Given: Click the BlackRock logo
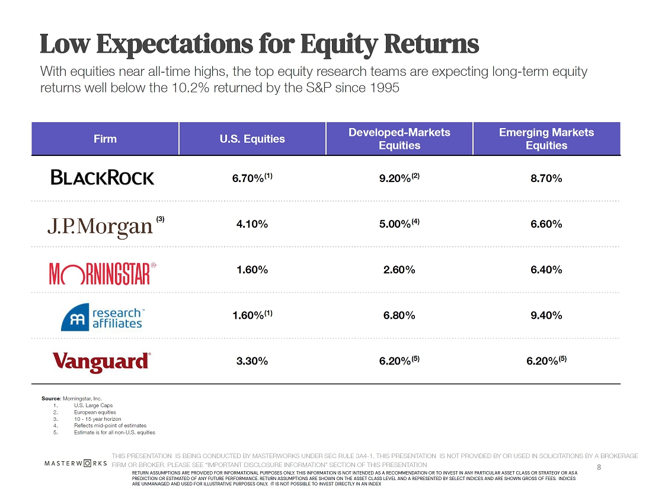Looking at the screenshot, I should click(x=103, y=178).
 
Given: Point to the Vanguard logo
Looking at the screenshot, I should click(x=101, y=362).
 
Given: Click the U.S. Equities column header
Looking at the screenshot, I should click(x=252, y=139).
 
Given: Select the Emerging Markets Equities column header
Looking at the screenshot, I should click(x=546, y=139).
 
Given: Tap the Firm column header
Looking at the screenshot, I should click(x=105, y=139).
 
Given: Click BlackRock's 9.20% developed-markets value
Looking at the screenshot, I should click(x=396, y=178).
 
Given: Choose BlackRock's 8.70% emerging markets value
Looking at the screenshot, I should click(x=546, y=178).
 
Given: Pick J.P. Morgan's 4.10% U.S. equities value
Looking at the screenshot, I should click(x=252, y=224).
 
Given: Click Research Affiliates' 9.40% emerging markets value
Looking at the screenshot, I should click(x=546, y=315).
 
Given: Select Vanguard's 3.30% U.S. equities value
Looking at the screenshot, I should click(x=252, y=360).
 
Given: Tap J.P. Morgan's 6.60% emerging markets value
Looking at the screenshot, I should click(x=546, y=224).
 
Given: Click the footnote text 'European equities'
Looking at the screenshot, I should click(x=95, y=412).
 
